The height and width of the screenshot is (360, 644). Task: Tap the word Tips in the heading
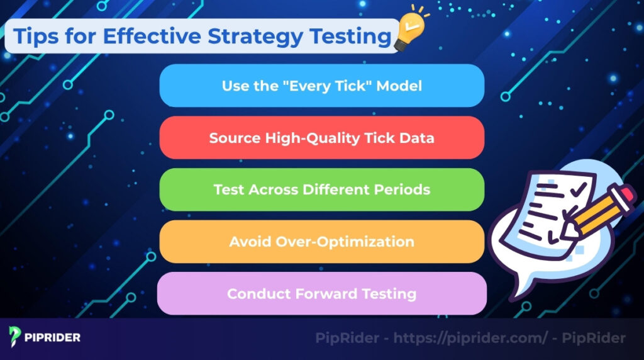point(35,36)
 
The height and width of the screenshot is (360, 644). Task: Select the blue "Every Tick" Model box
point(321,86)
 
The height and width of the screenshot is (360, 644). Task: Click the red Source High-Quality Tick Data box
point(321,137)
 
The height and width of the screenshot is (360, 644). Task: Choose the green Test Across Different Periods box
point(321,189)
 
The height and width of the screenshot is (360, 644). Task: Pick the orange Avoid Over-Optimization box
point(321,242)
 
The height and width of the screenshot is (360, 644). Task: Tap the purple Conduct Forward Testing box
point(321,293)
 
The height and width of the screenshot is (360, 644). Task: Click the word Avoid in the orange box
point(248,242)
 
